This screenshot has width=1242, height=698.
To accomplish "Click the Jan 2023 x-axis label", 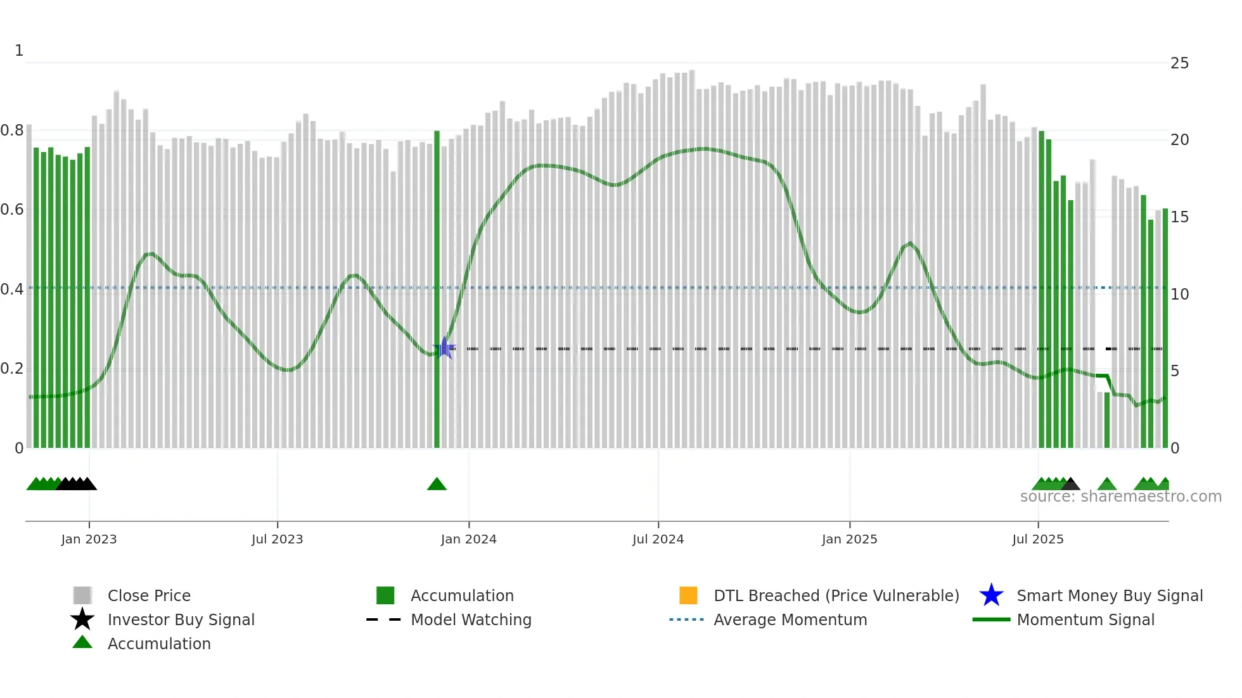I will (89, 539).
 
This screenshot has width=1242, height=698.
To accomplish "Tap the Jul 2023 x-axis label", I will (277, 539).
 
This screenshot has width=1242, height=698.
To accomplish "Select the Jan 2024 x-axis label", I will (468, 539).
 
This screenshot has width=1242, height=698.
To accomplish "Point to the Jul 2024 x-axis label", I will (658, 539).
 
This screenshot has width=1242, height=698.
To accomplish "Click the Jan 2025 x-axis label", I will (849, 539).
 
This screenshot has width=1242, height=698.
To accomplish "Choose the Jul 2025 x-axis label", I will (1037, 539).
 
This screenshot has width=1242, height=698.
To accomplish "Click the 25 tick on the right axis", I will (1179, 63).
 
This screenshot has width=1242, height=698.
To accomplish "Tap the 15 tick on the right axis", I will (1179, 217).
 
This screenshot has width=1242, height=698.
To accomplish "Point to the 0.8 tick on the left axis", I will (12, 130).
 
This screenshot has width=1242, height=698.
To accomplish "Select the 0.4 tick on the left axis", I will (12, 289).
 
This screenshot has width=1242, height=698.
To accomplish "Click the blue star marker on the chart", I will (444, 348).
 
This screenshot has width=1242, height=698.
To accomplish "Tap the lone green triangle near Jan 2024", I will (437, 485).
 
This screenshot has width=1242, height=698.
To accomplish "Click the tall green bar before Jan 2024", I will (437, 285).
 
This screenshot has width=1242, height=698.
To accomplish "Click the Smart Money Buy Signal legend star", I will (991, 595).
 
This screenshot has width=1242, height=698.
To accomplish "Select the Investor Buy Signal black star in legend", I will (82, 619).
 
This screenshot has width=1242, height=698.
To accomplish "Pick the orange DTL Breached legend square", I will (688, 595).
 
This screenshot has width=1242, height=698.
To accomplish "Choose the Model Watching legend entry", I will (471, 619).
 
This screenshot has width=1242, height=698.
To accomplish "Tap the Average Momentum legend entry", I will (790, 619).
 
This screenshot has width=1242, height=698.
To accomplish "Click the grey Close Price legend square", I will (82, 595).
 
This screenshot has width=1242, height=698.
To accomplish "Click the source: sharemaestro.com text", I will (1120, 497).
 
